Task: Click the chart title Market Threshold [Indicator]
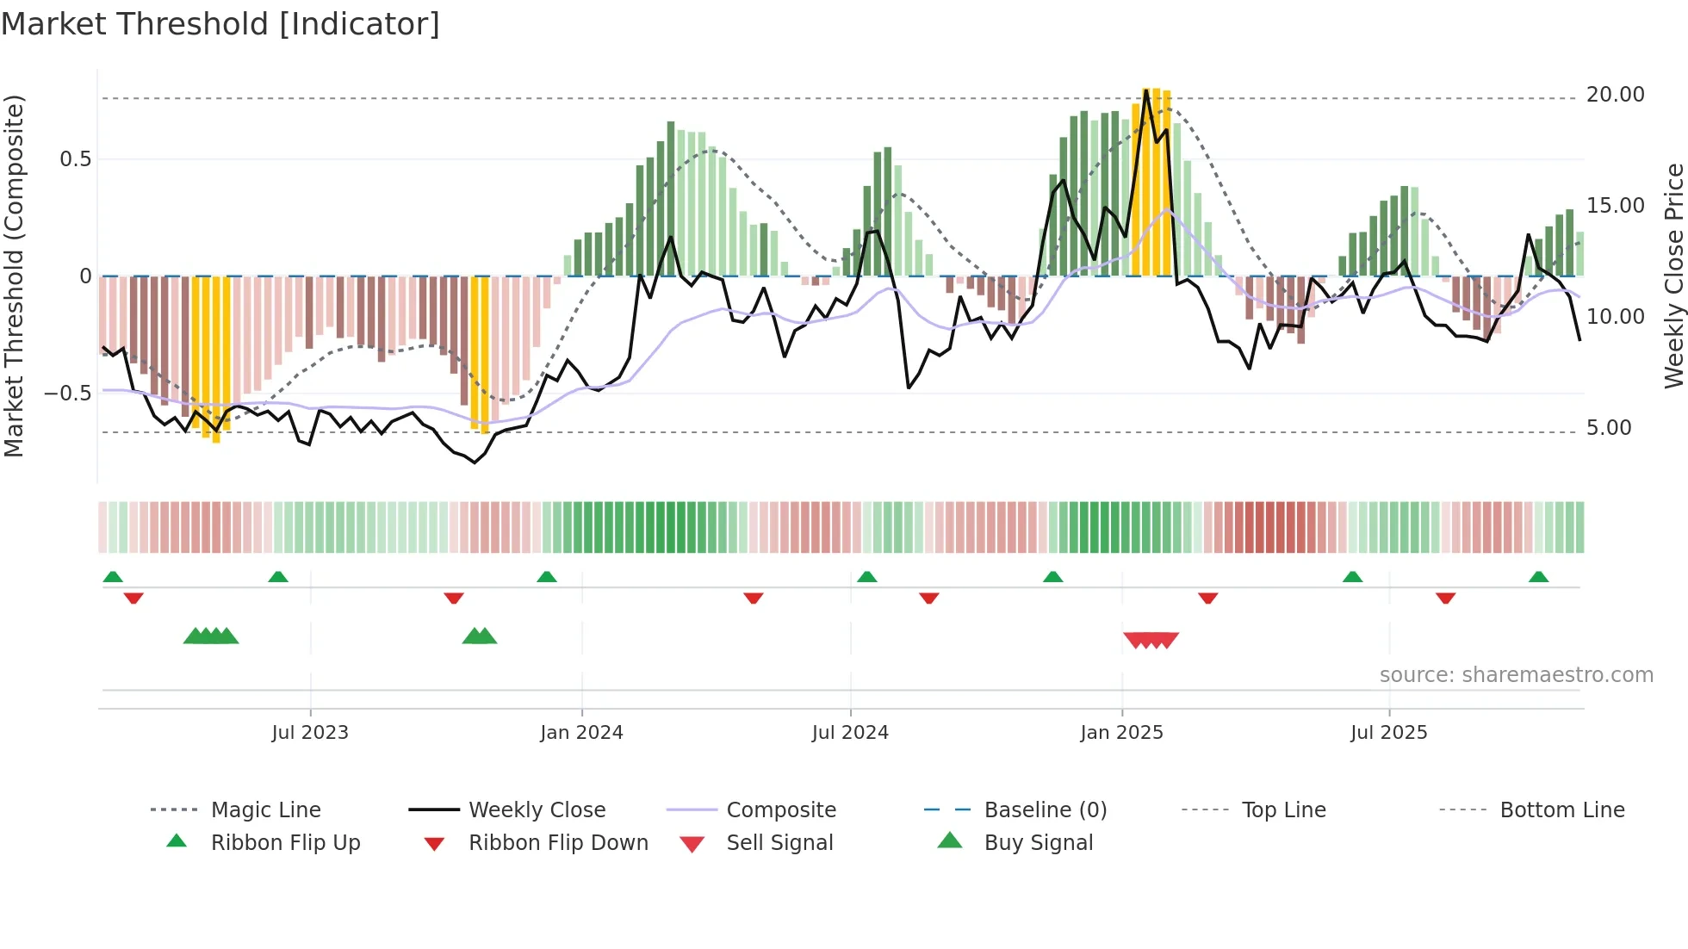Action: (x=220, y=24)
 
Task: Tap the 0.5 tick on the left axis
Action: (x=75, y=159)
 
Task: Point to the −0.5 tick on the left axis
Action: (x=68, y=394)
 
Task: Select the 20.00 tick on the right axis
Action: (x=1615, y=95)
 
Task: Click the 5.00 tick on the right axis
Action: (x=1608, y=428)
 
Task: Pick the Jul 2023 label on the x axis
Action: (x=310, y=733)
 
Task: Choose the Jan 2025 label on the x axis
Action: (x=1121, y=733)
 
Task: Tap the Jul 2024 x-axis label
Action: (x=850, y=733)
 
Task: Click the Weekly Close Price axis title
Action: (x=1672, y=276)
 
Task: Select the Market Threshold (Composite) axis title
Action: (x=14, y=276)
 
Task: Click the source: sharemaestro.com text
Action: (x=1516, y=675)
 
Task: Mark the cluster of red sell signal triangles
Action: (x=1151, y=640)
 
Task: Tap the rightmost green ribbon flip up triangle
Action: (x=1538, y=577)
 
